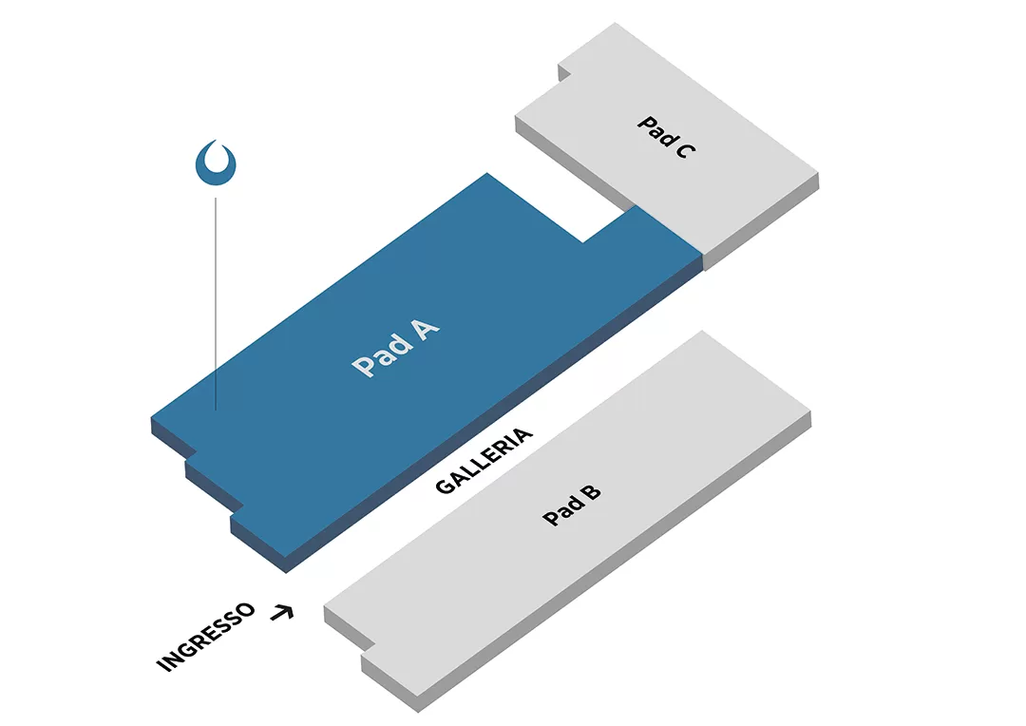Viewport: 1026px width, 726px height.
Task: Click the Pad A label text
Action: coord(395,349)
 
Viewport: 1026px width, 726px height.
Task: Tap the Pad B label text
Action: coord(572,505)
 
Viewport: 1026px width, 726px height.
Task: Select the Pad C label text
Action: coord(663,137)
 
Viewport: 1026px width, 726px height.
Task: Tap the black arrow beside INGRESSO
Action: coord(281,613)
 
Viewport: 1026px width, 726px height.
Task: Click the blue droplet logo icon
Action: coord(216,162)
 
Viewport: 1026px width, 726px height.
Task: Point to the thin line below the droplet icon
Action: coord(216,304)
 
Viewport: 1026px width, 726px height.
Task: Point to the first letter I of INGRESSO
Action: coord(162,665)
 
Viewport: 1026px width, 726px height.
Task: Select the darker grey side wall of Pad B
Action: coord(617,570)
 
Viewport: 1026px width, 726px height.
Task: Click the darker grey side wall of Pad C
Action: coord(760,228)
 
